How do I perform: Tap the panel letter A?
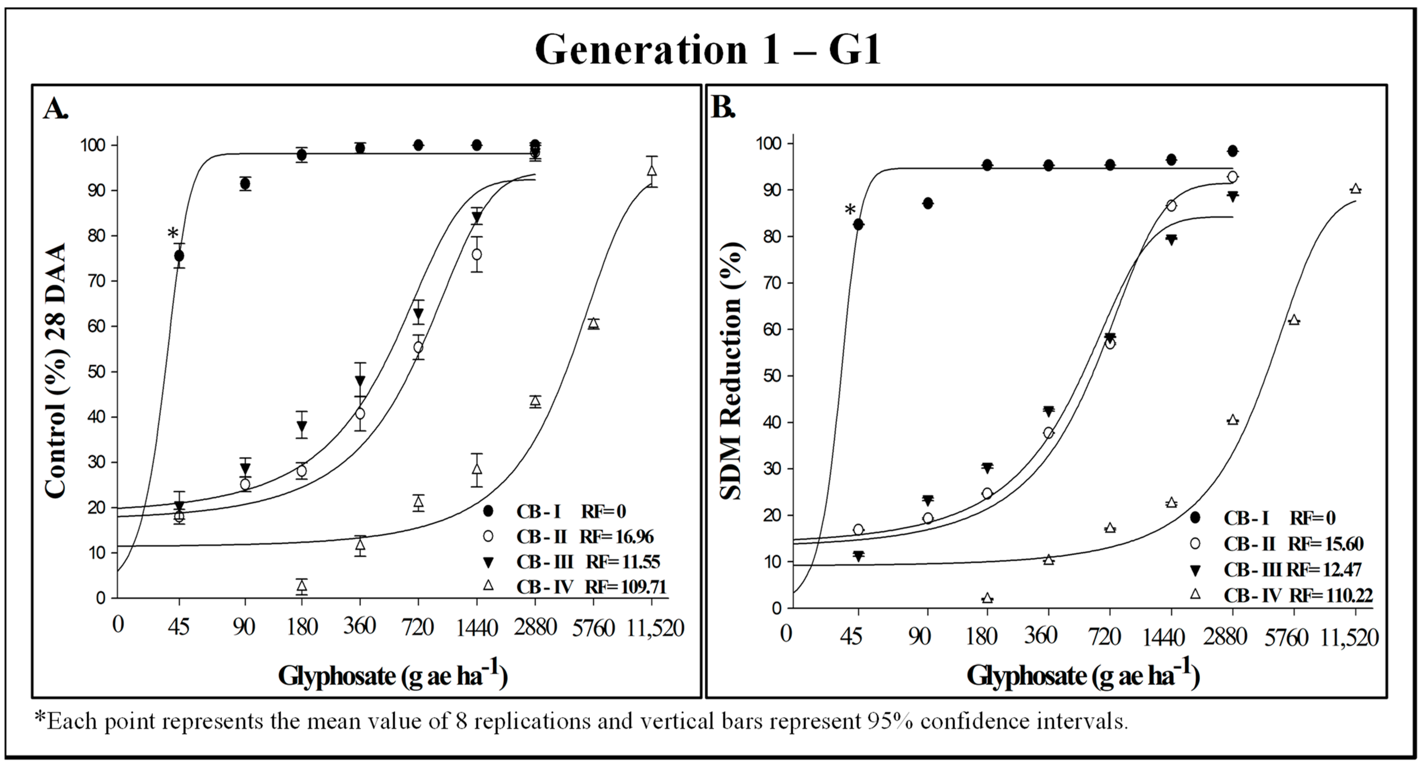[55, 109]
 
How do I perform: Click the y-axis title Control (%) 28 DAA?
[56, 371]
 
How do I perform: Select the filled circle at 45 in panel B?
[858, 224]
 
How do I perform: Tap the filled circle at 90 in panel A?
[245, 184]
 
